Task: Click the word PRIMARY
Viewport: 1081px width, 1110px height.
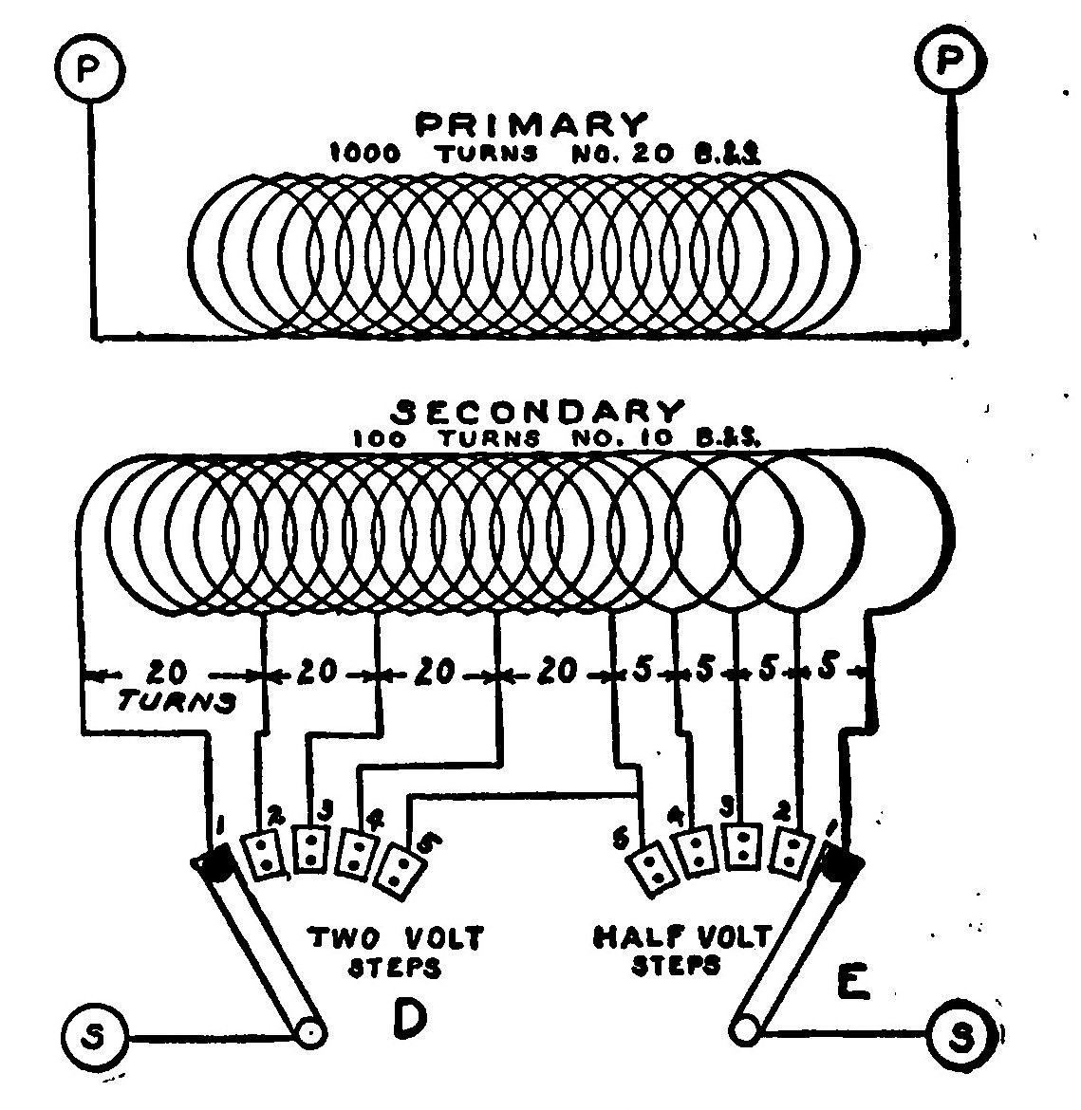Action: pos(533,125)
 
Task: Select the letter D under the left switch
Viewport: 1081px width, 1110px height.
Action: pos(408,1017)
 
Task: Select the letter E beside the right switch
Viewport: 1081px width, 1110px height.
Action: pos(851,985)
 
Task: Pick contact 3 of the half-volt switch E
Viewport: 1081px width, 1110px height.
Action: pos(743,847)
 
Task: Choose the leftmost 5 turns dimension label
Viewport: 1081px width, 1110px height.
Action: pos(643,671)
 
